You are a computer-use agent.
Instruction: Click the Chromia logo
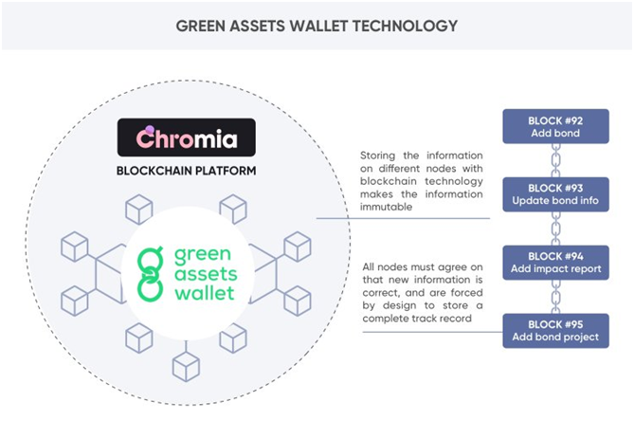(x=187, y=137)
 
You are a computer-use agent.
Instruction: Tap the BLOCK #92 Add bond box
(x=555, y=126)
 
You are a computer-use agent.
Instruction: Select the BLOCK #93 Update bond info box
(x=555, y=194)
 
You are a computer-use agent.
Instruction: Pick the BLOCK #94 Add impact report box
(x=555, y=263)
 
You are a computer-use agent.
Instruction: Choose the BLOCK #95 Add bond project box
(x=555, y=331)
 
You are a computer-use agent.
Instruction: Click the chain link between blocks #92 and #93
(x=556, y=160)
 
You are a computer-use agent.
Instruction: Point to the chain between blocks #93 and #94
(x=556, y=229)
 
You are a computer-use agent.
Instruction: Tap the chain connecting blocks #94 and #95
(x=556, y=297)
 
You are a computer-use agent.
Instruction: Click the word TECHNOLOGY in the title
(x=405, y=26)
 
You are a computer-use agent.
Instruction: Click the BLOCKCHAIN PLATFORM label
(x=187, y=171)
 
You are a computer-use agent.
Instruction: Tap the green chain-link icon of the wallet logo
(x=151, y=273)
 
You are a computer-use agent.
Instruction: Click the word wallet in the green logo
(x=204, y=293)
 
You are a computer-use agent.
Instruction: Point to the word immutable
(x=386, y=207)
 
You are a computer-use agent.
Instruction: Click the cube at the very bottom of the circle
(x=186, y=367)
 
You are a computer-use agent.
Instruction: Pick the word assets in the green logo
(x=206, y=274)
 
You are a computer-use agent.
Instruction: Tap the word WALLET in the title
(x=318, y=26)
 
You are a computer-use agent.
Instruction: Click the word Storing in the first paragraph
(x=377, y=155)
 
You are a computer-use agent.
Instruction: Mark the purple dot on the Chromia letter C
(x=150, y=130)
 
